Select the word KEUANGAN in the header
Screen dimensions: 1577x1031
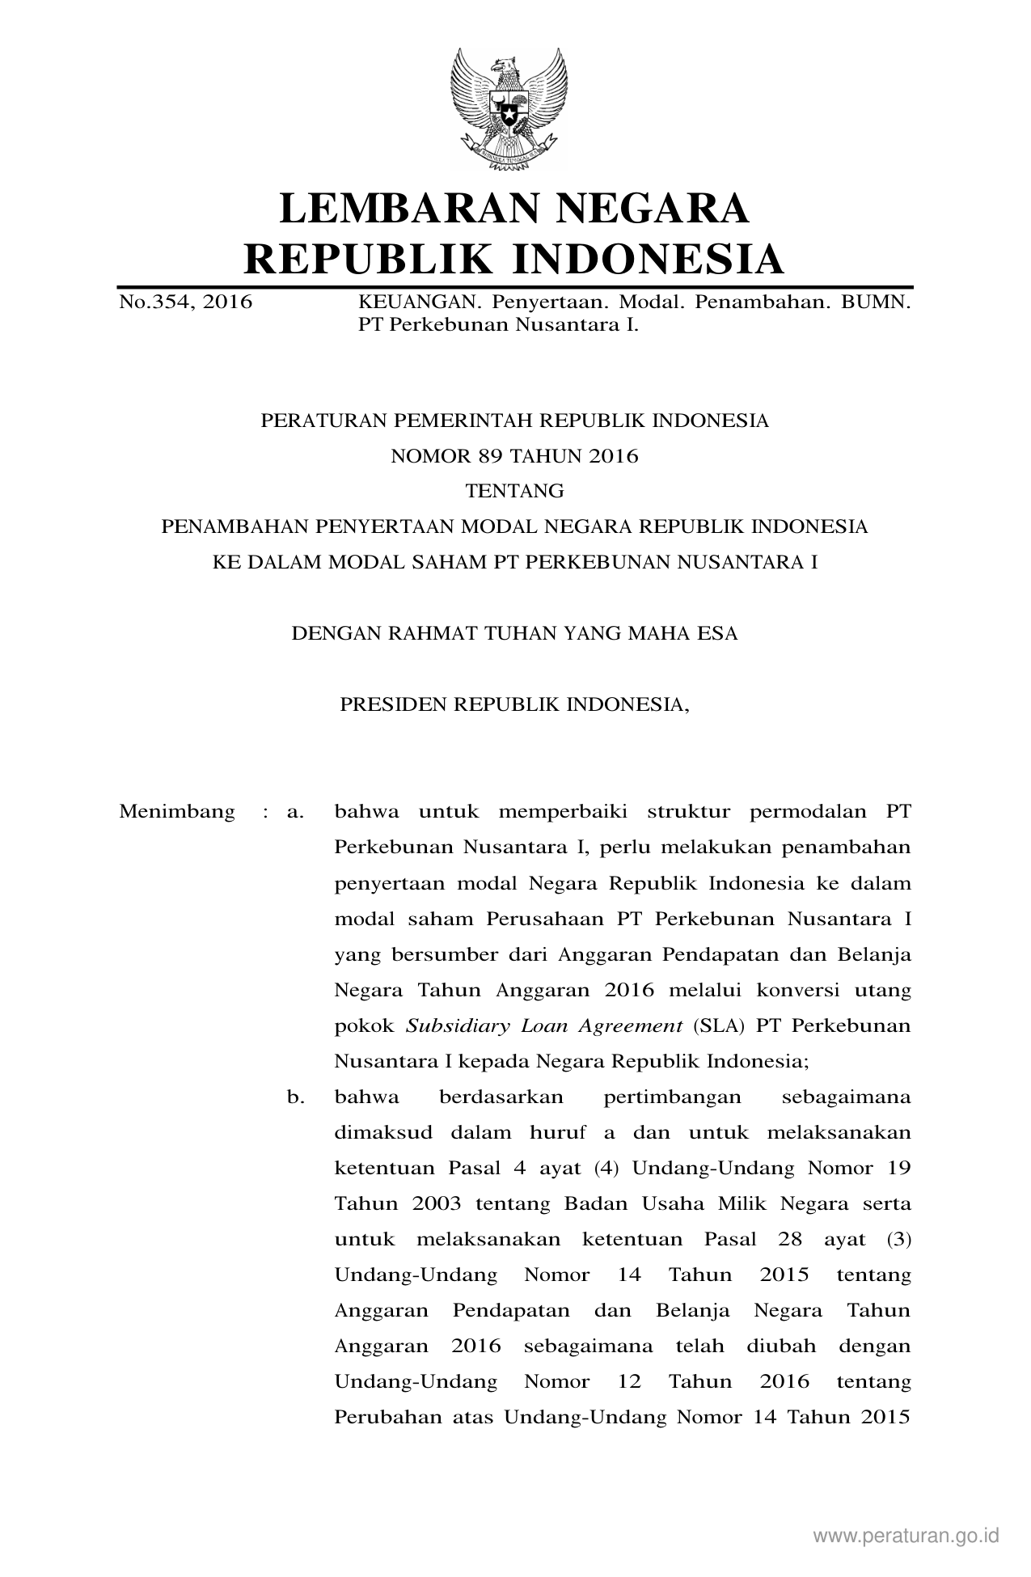click(x=413, y=302)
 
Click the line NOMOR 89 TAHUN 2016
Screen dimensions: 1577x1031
click(x=514, y=456)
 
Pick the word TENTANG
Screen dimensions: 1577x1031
click(x=514, y=491)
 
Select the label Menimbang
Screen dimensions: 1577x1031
click(x=177, y=811)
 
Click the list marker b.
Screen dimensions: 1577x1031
click(x=295, y=1097)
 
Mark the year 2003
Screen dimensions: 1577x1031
click(x=436, y=1203)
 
